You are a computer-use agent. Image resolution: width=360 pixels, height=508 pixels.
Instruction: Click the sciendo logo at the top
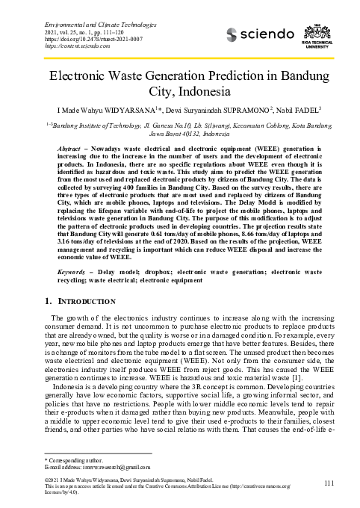click(262, 34)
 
